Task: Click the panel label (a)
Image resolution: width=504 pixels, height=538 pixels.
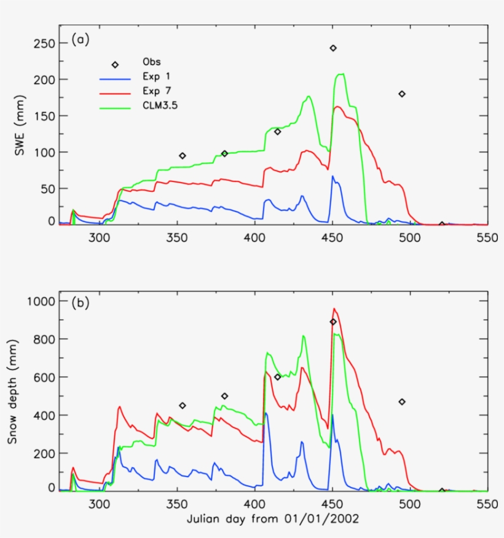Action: pyautogui.click(x=81, y=40)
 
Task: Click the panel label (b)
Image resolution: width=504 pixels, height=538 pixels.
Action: pyautogui.click(x=81, y=303)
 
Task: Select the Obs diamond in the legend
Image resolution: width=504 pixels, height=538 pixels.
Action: pyautogui.click(x=115, y=65)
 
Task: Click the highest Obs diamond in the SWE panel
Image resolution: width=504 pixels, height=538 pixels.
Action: pyautogui.click(x=333, y=48)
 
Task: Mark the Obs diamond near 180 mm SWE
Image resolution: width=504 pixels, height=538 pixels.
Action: pyautogui.click(x=402, y=94)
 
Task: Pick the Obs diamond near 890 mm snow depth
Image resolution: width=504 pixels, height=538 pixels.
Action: pyautogui.click(x=333, y=322)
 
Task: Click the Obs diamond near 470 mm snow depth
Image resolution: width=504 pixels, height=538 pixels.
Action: pyautogui.click(x=402, y=402)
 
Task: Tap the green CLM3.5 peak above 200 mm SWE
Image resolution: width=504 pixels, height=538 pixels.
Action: pyautogui.click(x=340, y=74)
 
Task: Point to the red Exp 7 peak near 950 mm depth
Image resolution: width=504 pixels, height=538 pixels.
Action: pyautogui.click(x=334, y=309)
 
